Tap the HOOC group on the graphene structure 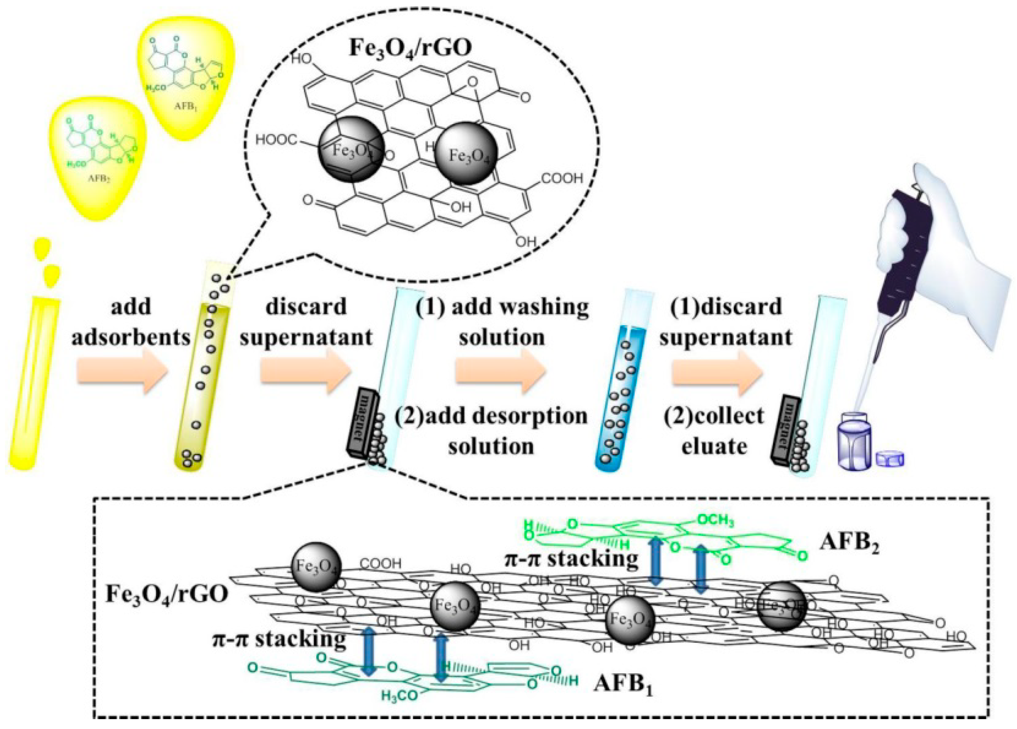(x=276, y=140)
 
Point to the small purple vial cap (x=890, y=459)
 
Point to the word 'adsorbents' (x=131, y=337)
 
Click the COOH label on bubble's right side (x=562, y=179)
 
